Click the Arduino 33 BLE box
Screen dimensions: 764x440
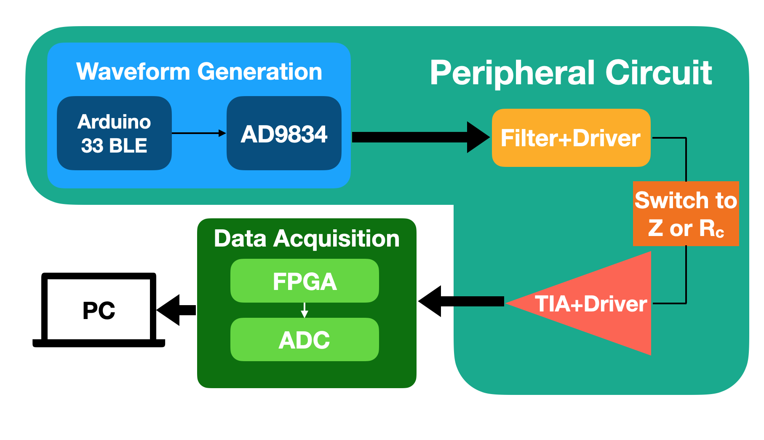click(x=114, y=133)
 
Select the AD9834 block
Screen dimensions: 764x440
click(x=284, y=133)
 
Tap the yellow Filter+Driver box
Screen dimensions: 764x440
click(x=571, y=138)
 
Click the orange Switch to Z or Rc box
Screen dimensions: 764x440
click(x=686, y=214)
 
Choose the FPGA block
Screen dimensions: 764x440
click(x=305, y=281)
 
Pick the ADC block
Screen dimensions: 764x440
click(x=305, y=339)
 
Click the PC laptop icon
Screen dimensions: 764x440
click(x=99, y=310)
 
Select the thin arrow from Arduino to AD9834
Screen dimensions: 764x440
click(x=199, y=133)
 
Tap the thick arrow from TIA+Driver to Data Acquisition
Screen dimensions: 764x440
click(x=461, y=301)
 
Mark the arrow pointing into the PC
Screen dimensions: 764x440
click(x=176, y=310)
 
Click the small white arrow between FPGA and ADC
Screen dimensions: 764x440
click(x=305, y=310)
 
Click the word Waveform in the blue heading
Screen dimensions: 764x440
click(x=133, y=72)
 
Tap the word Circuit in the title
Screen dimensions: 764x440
click(x=659, y=72)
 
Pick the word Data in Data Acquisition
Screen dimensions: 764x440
click(x=240, y=239)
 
